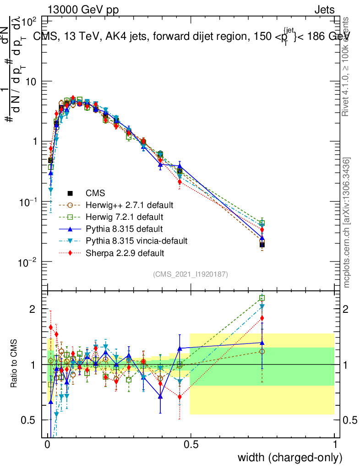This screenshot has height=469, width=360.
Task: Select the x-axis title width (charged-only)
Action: tap(289, 458)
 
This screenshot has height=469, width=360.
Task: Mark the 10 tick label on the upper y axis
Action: tap(33, 81)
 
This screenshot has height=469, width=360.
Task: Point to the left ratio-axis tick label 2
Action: tap(33, 309)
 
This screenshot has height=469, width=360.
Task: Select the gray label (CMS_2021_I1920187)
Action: tap(191, 274)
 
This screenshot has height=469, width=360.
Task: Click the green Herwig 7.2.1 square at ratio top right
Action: tap(262, 298)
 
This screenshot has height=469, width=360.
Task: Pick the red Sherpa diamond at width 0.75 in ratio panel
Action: tap(262, 318)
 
